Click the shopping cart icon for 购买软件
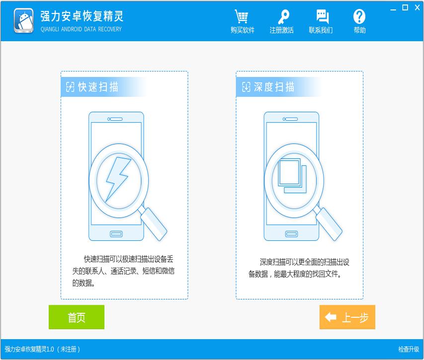(x=241, y=16)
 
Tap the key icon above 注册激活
(x=283, y=17)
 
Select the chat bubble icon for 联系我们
(x=323, y=16)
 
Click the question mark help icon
(x=359, y=16)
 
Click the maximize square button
(x=405, y=7)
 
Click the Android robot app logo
(x=24, y=21)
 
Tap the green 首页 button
(x=77, y=317)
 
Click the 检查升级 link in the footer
(x=409, y=349)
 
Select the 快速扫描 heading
(x=98, y=87)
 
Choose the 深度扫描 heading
(x=274, y=87)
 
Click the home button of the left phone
(x=116, y=234)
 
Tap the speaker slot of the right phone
(x=290, y=119)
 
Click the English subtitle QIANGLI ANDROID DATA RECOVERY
(x=81, y=29)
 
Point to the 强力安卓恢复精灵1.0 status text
(x=29, y=349)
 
